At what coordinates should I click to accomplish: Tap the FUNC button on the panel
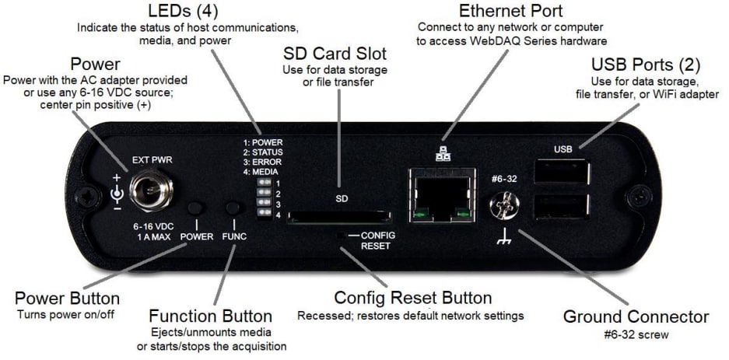click(233, 208)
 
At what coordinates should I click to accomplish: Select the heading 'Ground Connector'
click(635, 316)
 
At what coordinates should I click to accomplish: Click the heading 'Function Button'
click(211, 316)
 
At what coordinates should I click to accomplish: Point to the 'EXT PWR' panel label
click(152, 160)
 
